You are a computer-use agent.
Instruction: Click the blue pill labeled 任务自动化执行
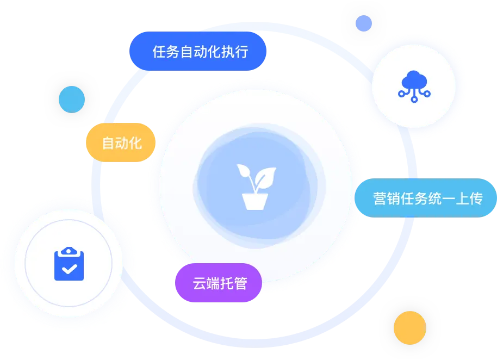tap(198, 51)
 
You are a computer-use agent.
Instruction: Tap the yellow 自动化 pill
tap(121, 142)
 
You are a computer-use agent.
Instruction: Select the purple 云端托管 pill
tap(219, 283)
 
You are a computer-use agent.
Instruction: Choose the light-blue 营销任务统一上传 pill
tap(426, 198)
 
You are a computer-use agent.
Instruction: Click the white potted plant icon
tap(256, 187)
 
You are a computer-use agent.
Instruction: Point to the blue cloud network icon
tap(414, 86)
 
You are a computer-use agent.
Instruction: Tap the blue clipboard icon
tap(69, 264)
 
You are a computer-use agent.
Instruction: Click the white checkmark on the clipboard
tap(70, 269)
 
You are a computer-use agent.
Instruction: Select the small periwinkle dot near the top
tap(364, 23)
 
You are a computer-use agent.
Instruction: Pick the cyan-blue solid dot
tap(72, 99)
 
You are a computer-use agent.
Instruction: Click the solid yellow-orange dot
tap(410, 328)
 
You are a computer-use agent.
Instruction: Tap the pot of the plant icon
tap(255, 202)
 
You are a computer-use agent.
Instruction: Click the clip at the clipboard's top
tap(69, 251)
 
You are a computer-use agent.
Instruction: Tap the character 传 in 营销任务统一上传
tap(476, 198)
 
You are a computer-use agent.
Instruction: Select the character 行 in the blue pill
tap(241, 52)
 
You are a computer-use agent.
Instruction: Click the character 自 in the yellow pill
tap(108, 143)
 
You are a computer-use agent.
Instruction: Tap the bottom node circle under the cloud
tap(414, 100)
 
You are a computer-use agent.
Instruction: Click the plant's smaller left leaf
tap(245, 171)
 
